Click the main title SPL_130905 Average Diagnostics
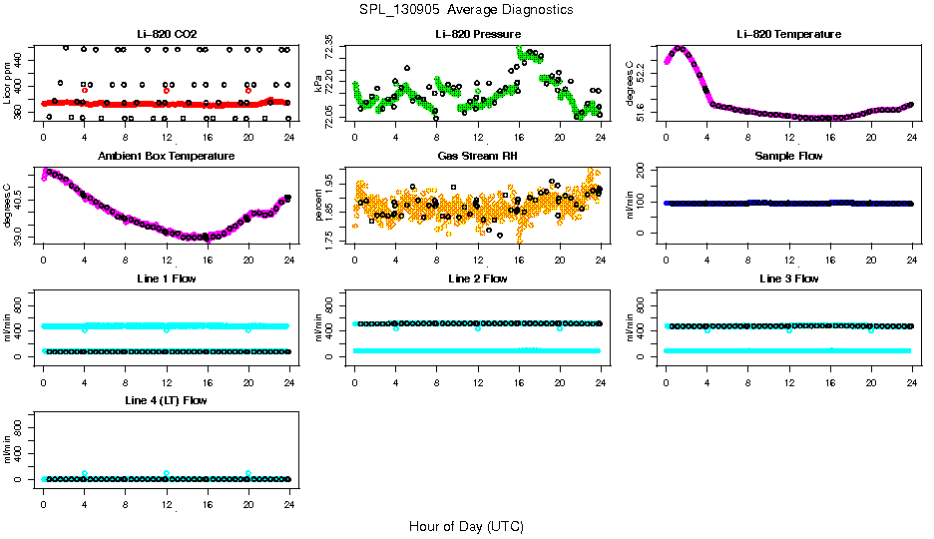point(467,9)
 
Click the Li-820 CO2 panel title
point(167,34)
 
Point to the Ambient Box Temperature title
point(167,156)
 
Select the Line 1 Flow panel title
point(167,278)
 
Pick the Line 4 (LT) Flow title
point(167,400)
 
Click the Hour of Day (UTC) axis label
point(466,525)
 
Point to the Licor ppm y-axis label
point(8,84)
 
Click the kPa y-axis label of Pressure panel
point(319,84)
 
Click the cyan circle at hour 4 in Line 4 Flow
point(85,473)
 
